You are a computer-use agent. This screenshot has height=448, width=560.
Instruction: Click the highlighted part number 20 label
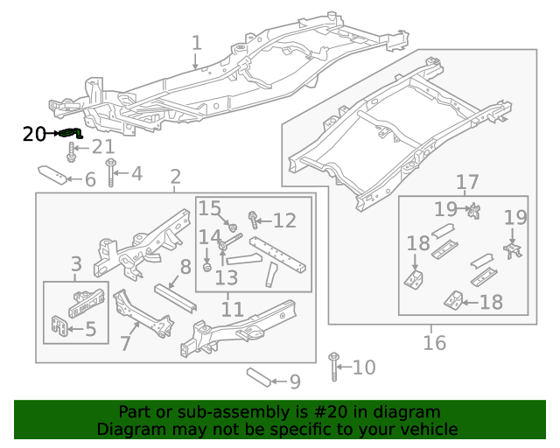point(34,134)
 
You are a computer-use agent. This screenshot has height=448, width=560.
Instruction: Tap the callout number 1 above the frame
point(196,43)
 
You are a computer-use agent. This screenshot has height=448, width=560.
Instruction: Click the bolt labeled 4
point(111,173)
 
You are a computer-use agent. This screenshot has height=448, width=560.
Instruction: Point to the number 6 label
point(90,180)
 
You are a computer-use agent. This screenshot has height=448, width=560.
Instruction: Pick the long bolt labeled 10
point(334,367)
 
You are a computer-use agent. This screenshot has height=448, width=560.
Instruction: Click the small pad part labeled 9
point(257,377)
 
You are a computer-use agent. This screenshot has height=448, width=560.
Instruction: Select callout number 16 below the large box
point(434,342)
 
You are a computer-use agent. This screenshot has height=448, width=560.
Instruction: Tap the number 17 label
point(467,182)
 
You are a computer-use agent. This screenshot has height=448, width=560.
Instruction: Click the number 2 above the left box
point(175,177)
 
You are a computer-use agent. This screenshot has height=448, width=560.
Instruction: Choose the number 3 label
point(76,263)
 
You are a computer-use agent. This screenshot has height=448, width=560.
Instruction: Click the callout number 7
point(125,343)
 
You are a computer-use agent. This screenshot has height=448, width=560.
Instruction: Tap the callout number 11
point(232,309)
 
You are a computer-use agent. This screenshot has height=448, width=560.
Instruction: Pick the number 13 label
point(226,277)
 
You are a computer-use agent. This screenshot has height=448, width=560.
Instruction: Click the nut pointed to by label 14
point(207,266)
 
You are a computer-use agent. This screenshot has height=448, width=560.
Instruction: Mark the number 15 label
point(209,208)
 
